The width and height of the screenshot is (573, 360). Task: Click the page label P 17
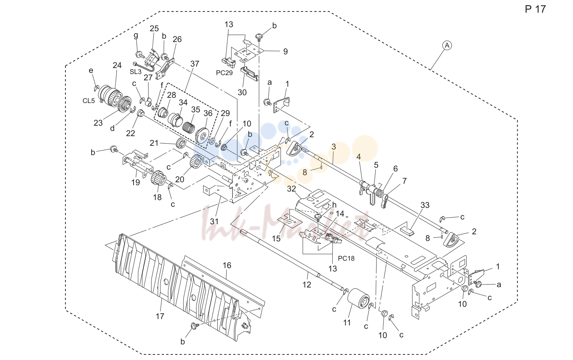point(535,9)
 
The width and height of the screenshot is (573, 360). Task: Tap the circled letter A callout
point(447,45)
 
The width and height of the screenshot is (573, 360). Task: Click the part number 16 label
point(227,266)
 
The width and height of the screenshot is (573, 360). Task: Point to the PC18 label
point(346,258)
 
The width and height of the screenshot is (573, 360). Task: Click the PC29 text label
point(224,73)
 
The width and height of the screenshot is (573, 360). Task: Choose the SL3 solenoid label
point(135,72)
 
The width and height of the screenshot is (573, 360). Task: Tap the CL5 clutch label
point(89,101)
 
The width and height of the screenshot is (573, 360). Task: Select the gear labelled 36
point(202,135)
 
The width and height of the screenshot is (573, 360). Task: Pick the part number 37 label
point(195,64)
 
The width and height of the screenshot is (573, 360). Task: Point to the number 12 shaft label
point(307,285)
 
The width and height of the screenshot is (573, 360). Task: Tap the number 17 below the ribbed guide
point(160,316)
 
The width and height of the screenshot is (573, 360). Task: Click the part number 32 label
point(291,189)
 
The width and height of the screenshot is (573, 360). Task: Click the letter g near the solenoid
point(136,36)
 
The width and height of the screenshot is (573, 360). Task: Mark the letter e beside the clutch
point(91,70)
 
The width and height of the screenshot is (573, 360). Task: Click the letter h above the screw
point(334,205)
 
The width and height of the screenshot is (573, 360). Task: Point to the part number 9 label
point(285,52)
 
